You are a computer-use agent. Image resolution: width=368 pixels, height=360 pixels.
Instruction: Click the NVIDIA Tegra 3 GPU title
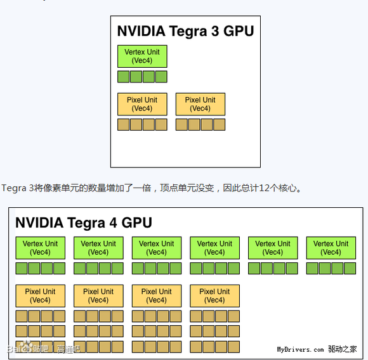[x=185, y=31]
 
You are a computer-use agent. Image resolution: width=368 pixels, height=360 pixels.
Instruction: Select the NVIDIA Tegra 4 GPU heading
[x=84, y=222]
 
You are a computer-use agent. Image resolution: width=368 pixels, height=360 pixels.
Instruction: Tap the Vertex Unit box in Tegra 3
[x=142, y=56]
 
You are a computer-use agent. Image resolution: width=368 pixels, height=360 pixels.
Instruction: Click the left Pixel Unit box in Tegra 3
[x=142, y=104]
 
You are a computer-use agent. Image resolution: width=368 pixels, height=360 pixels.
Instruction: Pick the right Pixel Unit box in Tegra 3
[x=200, y=104]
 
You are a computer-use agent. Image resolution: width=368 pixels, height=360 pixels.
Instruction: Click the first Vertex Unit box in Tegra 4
[x=41, y=248]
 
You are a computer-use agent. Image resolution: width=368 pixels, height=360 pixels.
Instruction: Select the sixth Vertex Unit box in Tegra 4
[x=331, y=248]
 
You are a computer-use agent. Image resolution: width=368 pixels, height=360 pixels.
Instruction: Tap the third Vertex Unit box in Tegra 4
[x=157, y=248]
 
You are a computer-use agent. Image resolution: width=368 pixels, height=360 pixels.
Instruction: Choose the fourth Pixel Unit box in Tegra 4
[x=214, y=296]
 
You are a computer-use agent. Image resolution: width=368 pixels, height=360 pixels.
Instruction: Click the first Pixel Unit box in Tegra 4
[x=41, y=296]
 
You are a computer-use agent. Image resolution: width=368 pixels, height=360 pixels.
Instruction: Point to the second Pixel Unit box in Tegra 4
[x=98, y=296]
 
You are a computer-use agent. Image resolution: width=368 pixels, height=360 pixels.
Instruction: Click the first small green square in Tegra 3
[x=123, y=77]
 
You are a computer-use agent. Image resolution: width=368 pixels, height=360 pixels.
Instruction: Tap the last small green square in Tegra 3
[x=161, y=77]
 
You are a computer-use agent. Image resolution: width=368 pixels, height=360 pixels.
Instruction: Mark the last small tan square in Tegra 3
[x=219, y=124]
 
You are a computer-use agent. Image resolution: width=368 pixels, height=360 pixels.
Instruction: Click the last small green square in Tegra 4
[x=350, y=268]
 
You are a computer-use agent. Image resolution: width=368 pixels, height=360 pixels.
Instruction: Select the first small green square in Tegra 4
[x=22, y=268]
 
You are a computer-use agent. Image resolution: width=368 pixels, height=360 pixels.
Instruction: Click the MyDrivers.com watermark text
[x=300, y=349]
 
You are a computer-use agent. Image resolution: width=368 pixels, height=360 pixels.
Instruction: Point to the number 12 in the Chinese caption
[x=265, y=188]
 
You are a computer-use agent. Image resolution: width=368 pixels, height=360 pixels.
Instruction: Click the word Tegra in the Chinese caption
[x=14, y=188]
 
